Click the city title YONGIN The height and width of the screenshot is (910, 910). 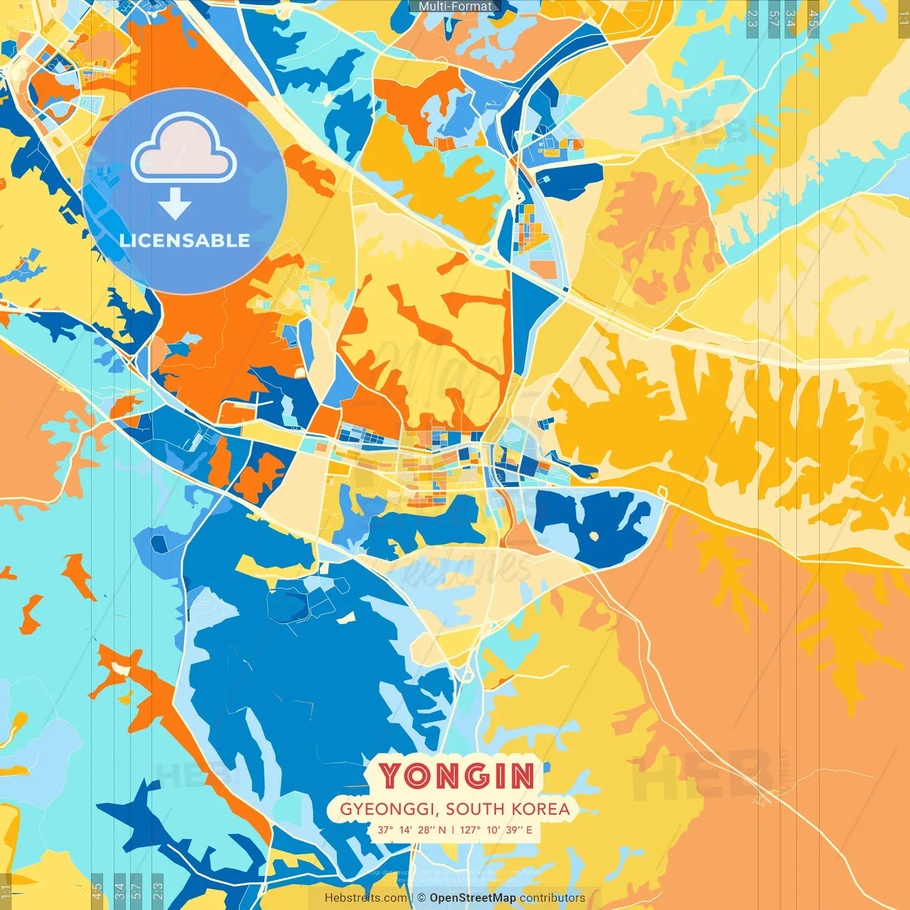tap(456, 776)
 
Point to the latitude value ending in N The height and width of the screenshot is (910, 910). tap(412, 830)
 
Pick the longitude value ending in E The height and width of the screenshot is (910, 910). tap(496, 830)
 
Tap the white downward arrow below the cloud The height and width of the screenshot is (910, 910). tap(175, 204)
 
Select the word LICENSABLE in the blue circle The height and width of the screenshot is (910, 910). tap(185, 240)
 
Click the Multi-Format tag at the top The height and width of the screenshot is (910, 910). tap(455, 6)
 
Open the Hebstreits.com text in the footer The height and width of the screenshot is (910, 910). tap(365, 898)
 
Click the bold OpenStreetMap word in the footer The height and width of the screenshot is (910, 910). tap(473, 898)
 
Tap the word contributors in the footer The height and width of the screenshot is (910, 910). tap(552, 898)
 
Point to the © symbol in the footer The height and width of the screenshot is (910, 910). tap(422, 898)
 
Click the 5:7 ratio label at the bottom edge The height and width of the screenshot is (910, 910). tap(136, 890)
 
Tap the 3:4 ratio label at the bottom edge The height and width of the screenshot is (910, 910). tap(119, 890)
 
